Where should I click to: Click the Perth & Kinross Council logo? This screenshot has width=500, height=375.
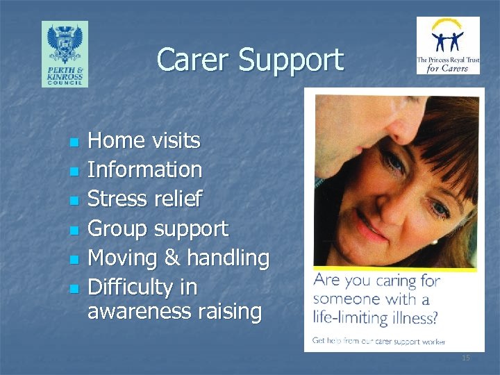65,53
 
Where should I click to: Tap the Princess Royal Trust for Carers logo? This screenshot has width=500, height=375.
448,46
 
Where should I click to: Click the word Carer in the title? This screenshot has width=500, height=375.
194,60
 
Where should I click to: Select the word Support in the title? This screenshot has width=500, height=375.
291,61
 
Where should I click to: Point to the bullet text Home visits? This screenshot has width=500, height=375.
144,141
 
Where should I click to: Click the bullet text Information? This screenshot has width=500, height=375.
144,169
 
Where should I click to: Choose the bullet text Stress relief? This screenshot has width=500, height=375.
144,199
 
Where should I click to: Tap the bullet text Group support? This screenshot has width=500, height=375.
158,228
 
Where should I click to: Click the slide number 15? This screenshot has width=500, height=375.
466,358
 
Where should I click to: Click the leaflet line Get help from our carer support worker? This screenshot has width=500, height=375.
378,340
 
